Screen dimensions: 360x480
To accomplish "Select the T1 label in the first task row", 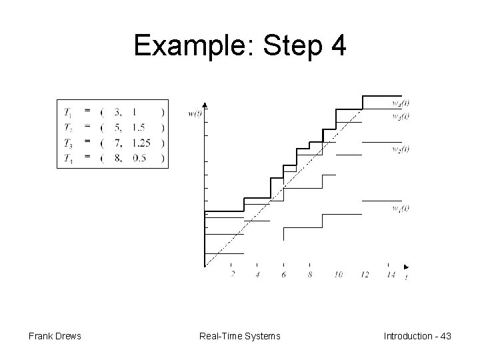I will tap(69, 111).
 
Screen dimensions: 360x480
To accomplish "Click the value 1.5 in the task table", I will tap(138, 126).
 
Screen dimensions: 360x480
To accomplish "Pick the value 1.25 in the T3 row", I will tap(141, 142).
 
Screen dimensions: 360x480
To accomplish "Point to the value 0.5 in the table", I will tap(139, 157).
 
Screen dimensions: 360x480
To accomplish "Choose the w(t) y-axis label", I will tap(195, 113).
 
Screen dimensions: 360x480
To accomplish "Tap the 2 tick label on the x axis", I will tap(232, 275).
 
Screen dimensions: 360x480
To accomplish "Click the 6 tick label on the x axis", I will tap(284, 275).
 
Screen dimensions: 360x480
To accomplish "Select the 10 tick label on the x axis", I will tap(339, 275).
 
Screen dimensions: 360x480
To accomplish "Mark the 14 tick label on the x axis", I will tap(391, 275).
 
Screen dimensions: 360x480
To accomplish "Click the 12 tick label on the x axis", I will tap(365, 275).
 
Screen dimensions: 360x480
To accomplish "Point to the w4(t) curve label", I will tap(401, 104).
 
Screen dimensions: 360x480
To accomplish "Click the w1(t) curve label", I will tap(401, 208).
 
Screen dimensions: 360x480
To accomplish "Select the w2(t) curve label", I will tap(401, 148).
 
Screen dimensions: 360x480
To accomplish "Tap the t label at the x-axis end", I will tap(407, 279).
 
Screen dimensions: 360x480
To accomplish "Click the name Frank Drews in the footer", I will tap(55, 336).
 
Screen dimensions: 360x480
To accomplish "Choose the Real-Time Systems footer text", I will tap(240, 336).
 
